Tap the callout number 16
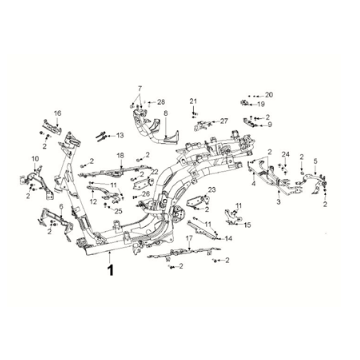pyautogui.click(x=57, y=113)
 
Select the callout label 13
pyautogui.click(x=119, y=135)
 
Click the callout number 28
pyautogui.click(x=160, y=102)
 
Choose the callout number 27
pyautogui.click(x=224, y=121)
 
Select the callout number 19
pyautogui.click(x=261, y=104)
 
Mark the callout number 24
pyautogui.click(x=285, y=154)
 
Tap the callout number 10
pyautogui.click(x=35, y=158)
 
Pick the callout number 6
pyautogui.click(x=61, y=207)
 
